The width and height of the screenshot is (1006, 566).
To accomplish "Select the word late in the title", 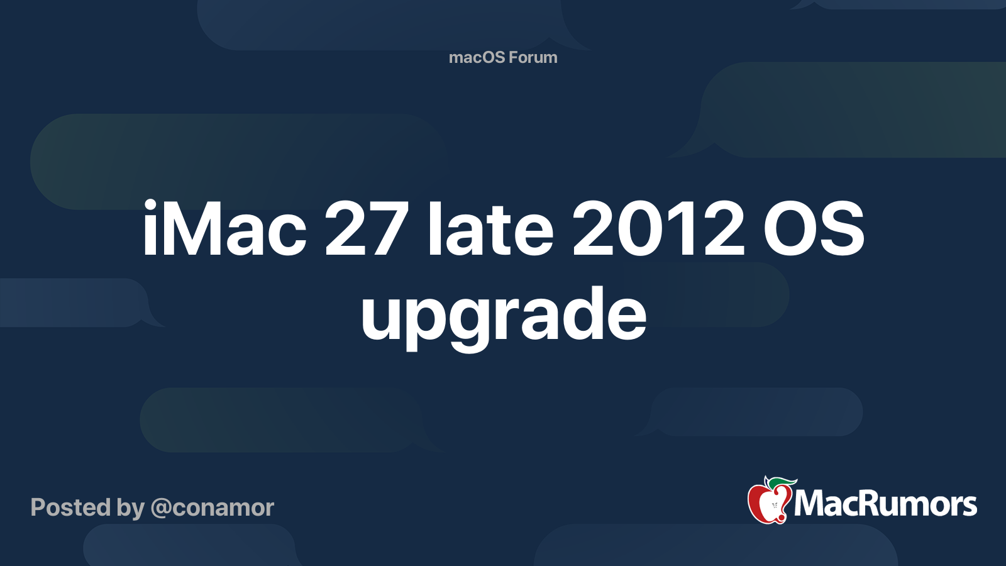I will pos(490,230).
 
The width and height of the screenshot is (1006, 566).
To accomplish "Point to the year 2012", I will pos(658,230).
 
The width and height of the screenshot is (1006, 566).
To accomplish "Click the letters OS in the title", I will pos(814,230).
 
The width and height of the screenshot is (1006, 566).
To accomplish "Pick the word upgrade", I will pos(503,314).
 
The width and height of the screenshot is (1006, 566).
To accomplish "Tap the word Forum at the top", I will pos(533,57).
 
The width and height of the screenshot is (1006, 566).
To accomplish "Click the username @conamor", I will pos(213,508).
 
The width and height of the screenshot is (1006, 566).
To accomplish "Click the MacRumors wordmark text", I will pos(885,504).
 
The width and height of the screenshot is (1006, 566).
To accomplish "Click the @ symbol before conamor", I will pos(161,508).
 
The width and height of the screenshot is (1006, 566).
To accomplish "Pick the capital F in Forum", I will pos(512,57).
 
